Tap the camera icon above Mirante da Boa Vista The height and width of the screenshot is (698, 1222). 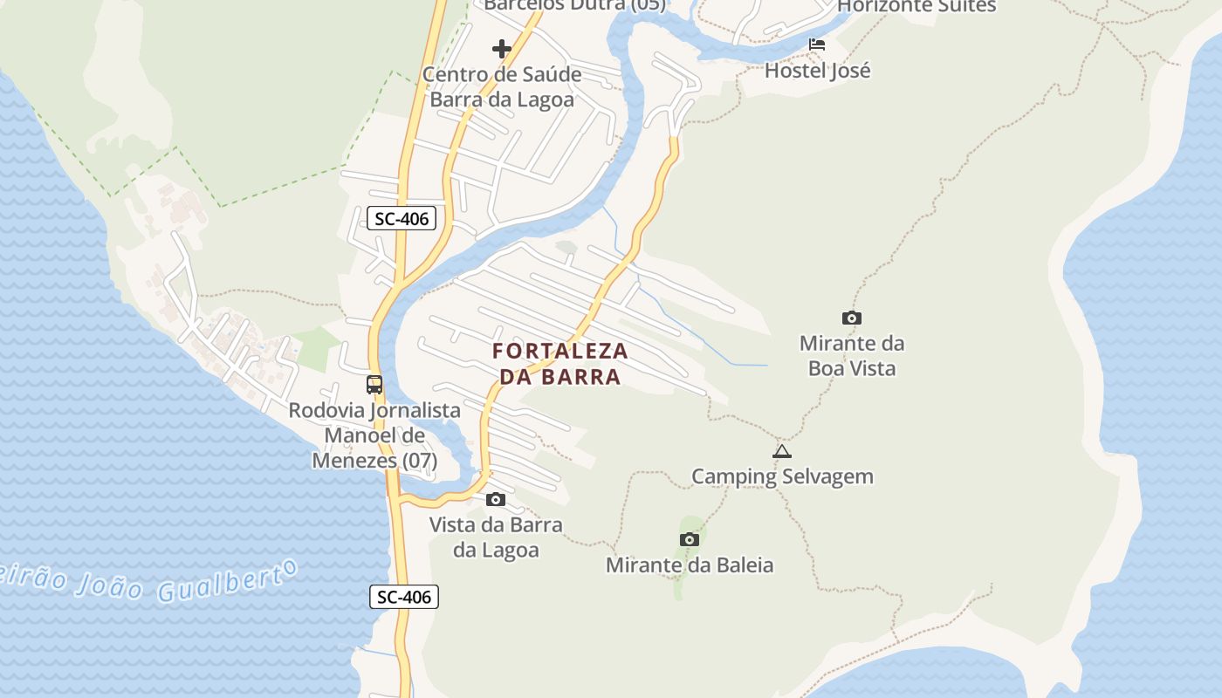tap(851, 318)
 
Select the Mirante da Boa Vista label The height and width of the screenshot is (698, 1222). tap(851, 355)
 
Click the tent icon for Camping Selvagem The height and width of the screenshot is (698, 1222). tap(782, 451)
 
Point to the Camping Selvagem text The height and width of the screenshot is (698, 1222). tap(782, 476)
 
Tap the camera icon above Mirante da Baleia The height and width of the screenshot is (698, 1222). tap(690, 539)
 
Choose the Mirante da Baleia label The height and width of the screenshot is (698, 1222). tap(690, 565)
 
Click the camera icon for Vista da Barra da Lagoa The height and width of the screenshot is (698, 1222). tap(496, 499)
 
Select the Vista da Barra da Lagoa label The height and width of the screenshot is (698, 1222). tap(496, 537)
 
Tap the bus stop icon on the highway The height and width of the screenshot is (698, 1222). tap(374, 384)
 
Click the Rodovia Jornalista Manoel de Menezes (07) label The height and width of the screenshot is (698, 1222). tap(374, 435)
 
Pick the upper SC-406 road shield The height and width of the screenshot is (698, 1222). tap(402, 218)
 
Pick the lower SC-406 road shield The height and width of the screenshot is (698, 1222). tap(404, 597)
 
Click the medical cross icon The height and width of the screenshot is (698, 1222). tap(502, 49)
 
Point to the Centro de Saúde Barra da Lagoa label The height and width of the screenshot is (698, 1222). tap(502, 86)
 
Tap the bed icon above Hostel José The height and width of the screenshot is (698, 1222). tap(817, 44)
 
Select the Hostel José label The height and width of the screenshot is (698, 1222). tap(817, 70)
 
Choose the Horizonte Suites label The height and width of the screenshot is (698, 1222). tap(916, 6)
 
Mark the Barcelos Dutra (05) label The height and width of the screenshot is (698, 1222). tap(574, 5)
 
